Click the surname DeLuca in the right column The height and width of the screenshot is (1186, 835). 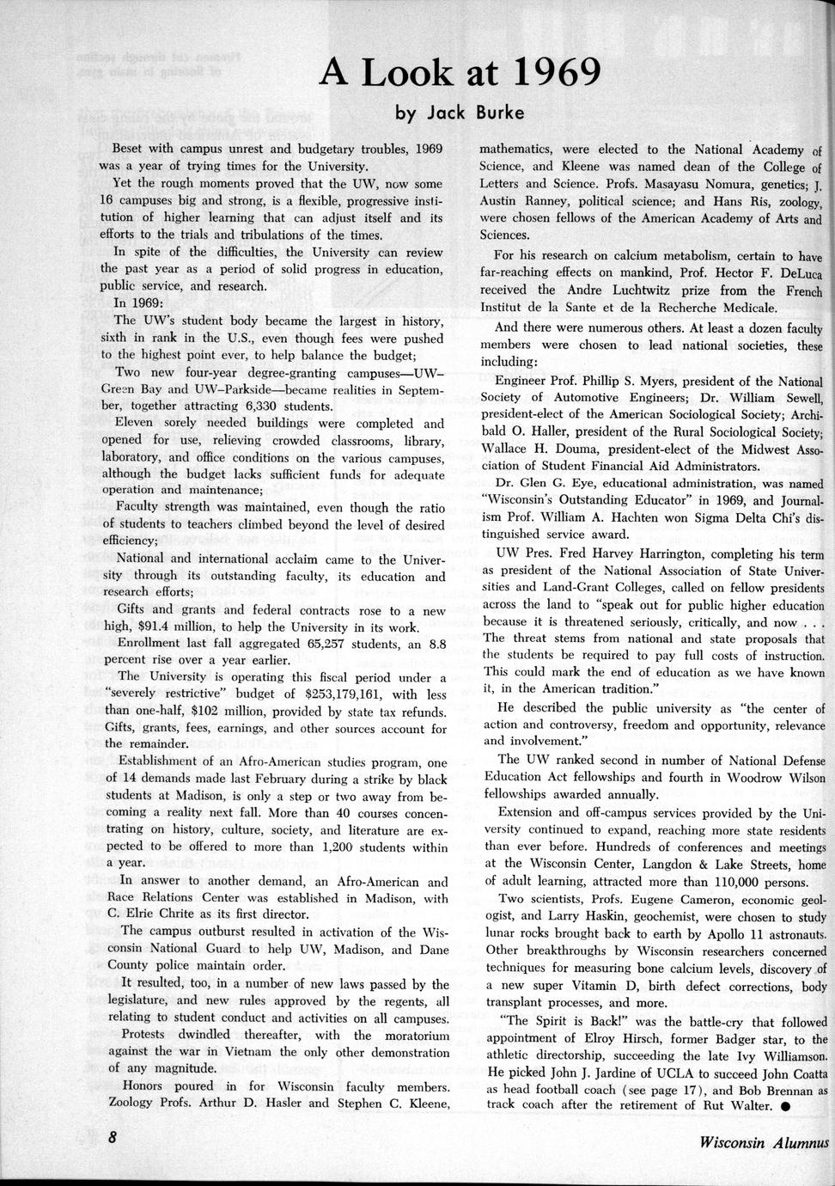coord(800,273)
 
